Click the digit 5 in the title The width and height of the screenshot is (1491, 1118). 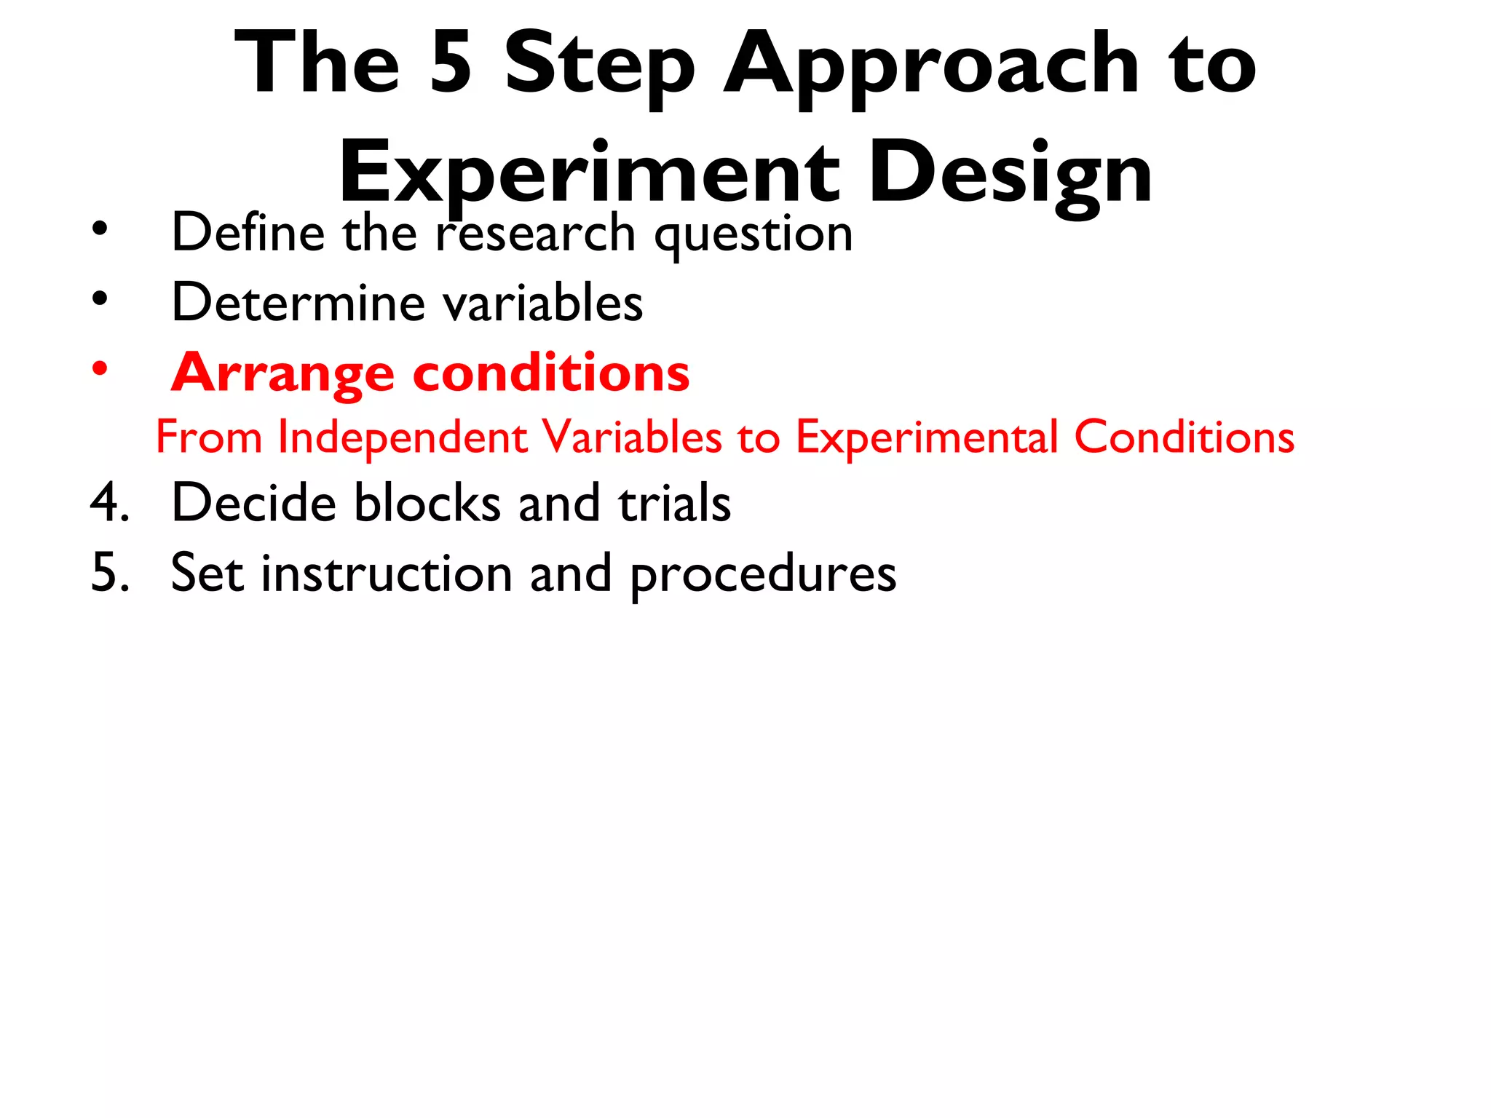coord(451,64)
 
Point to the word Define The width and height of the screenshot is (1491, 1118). coord(248,233)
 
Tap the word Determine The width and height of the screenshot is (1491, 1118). coord(298,303)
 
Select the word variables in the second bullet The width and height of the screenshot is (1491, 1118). coord(543,303)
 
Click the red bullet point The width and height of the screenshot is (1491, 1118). coord(100,368)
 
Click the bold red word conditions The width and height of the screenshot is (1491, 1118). coord(551,373)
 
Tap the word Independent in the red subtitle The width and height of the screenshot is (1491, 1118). coord(403,437)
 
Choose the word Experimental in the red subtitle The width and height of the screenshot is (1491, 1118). coord(927,437)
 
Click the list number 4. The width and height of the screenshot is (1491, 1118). coord(109,503)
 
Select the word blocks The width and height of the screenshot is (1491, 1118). coord(427,503)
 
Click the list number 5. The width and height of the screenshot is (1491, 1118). coord(109,573)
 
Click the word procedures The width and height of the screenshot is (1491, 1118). coord(763,576)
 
